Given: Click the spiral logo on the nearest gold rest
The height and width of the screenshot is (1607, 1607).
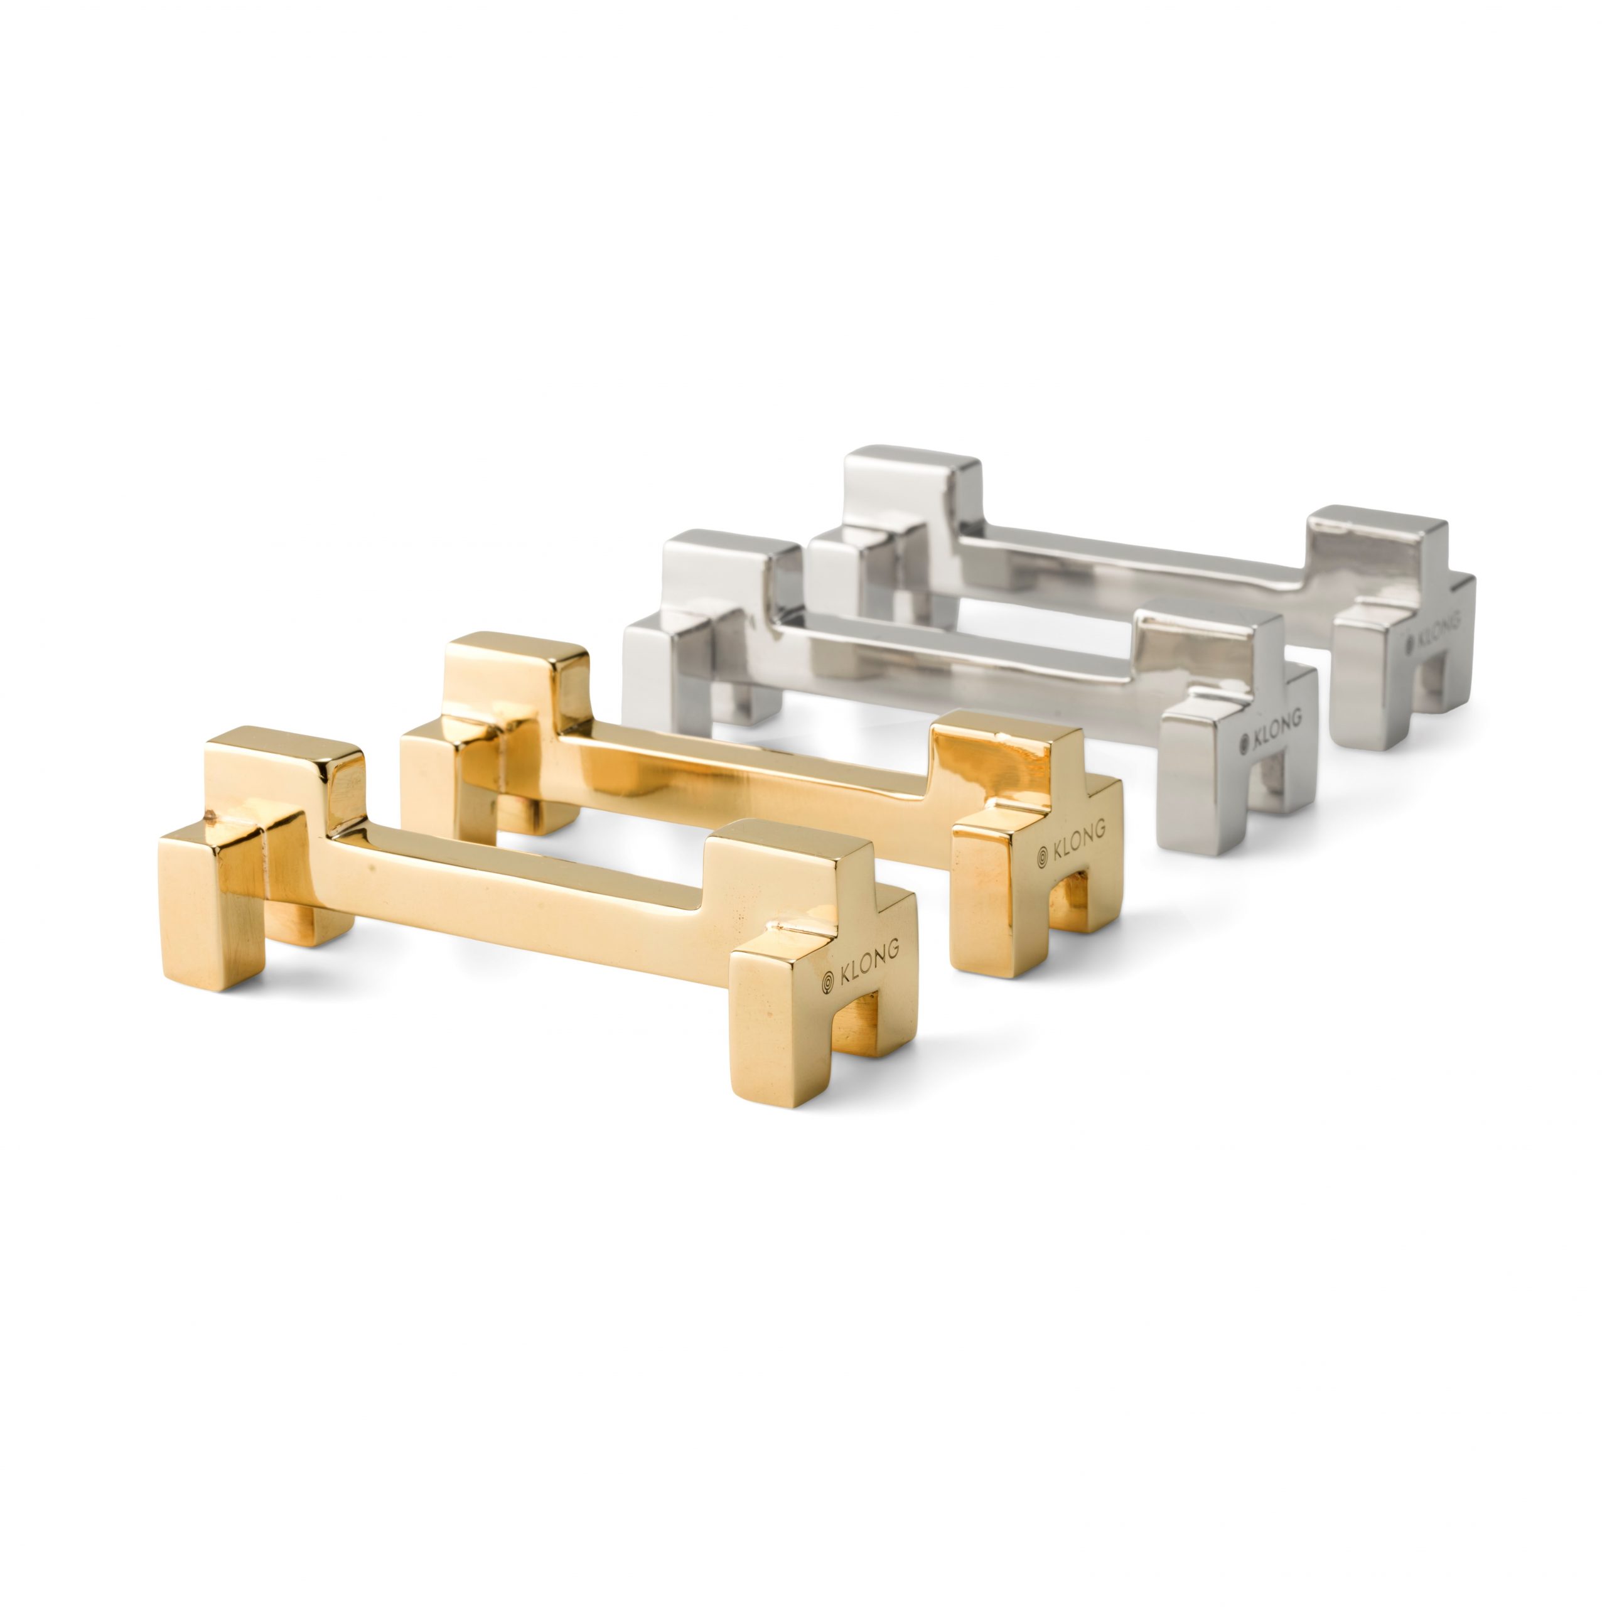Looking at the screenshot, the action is [x=827, y=982].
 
